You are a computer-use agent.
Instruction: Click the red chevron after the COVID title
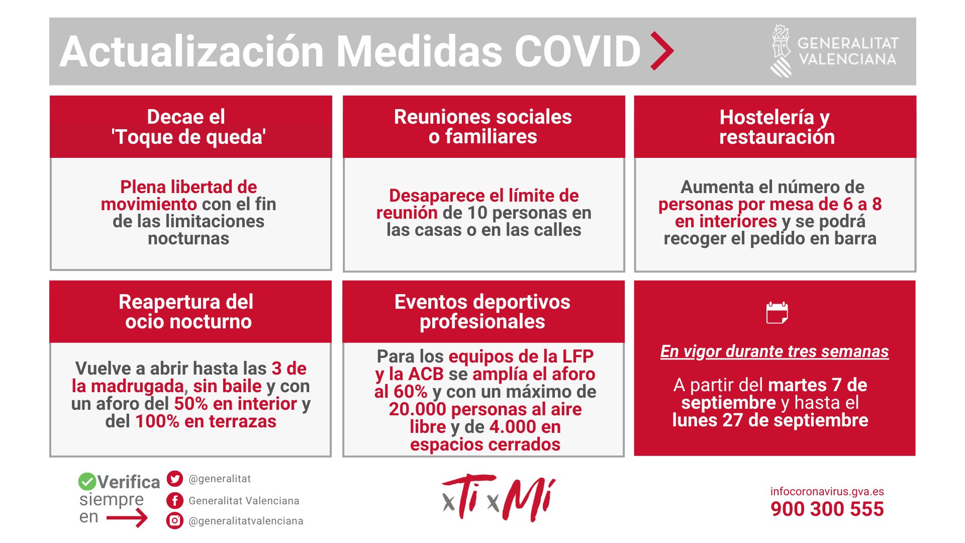pos(662,51)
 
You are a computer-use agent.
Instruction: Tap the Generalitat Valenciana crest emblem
pos(782,51)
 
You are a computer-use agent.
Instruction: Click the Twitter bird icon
pos(174,479)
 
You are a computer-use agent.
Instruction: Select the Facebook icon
pos(174,500)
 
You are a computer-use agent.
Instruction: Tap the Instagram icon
pos(174,520)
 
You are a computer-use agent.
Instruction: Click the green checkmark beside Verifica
pos(87,481)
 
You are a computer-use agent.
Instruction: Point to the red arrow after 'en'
pos(127,517)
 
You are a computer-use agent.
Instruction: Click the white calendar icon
pos(777,313)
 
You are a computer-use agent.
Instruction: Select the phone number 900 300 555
pos(827,509)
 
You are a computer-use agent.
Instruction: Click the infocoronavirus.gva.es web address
pos(827,492)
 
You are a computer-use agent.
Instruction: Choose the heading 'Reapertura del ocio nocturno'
pos(186,312)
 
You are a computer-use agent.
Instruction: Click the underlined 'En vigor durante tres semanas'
pos(775,351)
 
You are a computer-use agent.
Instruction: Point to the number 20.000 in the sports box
pos(418,409)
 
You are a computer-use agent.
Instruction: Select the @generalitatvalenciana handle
pos(246,521)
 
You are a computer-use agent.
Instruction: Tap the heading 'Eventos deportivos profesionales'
pos(482,312)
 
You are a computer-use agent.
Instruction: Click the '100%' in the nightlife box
pos(157,421)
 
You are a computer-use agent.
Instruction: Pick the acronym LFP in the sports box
pos(578,356)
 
